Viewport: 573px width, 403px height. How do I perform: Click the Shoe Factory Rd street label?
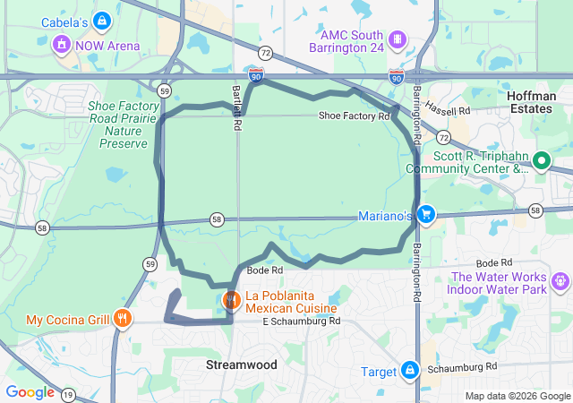point(355,116)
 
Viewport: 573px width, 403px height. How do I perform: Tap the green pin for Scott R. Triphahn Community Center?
point(540,161)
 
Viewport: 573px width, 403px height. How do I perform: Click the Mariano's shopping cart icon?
point(426,215)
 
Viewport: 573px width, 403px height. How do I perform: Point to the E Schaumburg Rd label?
point(302,322)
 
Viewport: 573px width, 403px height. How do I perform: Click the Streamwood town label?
point(241,364)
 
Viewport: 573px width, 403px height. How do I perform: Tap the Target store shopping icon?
point(409,371)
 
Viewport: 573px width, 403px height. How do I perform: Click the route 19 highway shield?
point(69,394)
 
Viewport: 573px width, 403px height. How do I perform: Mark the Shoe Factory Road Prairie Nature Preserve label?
point(116,124)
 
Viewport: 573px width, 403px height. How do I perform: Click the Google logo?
point(30,392)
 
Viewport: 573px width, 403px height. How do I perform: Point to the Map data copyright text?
point(517,396)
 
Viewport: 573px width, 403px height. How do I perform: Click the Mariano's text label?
point(385,216)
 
